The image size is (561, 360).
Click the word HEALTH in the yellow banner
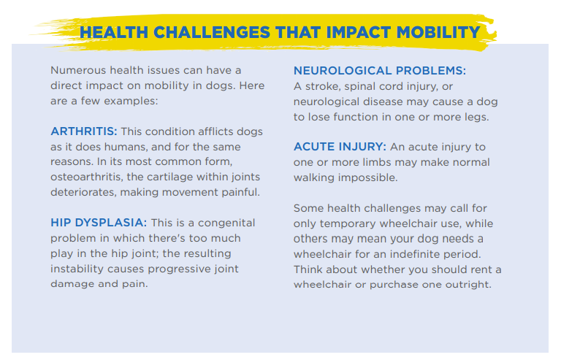click(114, 33)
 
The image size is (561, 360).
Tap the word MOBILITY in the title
click(438, 33)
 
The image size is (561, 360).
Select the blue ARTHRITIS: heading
click(84, 131)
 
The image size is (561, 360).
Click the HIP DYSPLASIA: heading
click(99, 223)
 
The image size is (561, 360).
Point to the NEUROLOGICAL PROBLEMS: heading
click(380, 71)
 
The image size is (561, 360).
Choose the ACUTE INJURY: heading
click(340, 147)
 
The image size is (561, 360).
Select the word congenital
click(226, 223)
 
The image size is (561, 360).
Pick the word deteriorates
click(84, 192)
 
